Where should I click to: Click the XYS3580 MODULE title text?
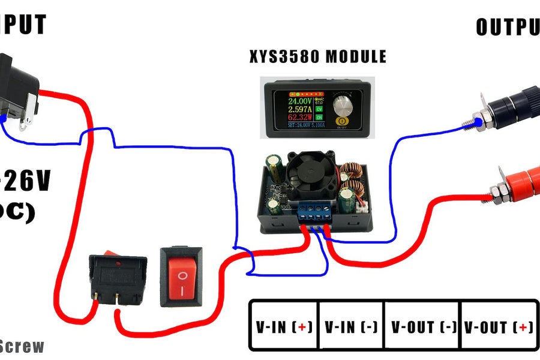click(x=318, y=58)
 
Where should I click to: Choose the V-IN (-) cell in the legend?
click(x=351, y=327)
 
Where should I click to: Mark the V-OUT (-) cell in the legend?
click(x=422, y=327)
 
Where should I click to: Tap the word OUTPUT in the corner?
click(x=508, y=27)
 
